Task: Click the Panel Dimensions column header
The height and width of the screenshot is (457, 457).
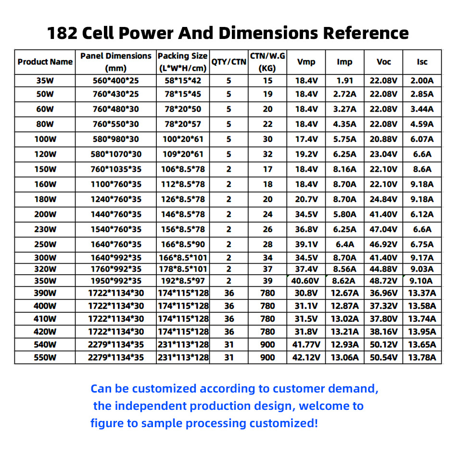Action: click(115, 62)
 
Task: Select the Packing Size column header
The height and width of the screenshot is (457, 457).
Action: click(183, 62)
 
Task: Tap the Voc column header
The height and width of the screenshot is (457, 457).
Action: click(383, 62)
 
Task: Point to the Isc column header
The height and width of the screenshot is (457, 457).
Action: click(422, 62)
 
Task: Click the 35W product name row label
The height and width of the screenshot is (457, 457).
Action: click(45, 80)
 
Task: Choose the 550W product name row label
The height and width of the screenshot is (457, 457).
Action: click(45, 357)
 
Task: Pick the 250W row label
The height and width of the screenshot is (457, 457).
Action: click(45, 244)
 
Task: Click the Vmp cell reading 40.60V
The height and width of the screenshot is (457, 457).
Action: click(306, 281)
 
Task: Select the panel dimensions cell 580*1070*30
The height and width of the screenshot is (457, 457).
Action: click(115, 154)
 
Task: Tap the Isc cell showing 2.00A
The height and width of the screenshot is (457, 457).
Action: click(422, 80)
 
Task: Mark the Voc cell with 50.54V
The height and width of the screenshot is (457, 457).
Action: click(383, 357)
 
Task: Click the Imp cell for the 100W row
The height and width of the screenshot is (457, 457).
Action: click(344, 139)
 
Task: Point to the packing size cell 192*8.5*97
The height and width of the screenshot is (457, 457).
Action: click(183, 281)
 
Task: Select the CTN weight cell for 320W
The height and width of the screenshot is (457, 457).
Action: click(267, 269)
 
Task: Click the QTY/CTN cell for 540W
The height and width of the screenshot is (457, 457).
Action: click(228, 344)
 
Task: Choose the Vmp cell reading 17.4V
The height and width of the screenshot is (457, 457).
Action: click(306, 139)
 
